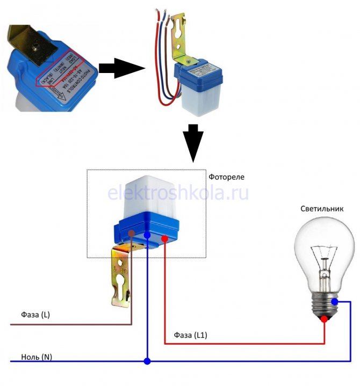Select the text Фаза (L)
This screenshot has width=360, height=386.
[x=35, y=314]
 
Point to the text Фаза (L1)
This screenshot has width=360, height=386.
[x=191, y=336]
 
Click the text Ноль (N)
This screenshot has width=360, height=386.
[x=37, y=357]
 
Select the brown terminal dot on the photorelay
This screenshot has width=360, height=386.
[x=131, y=234]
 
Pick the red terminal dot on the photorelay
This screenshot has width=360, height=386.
[x=164, y=237]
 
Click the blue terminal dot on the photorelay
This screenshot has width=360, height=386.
[x=148, y=236]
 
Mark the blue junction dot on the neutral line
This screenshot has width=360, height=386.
[x=147, y=361]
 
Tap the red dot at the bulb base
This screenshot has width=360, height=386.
[x=324, y=319]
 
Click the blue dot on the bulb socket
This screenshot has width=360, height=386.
[x=335, y=302]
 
